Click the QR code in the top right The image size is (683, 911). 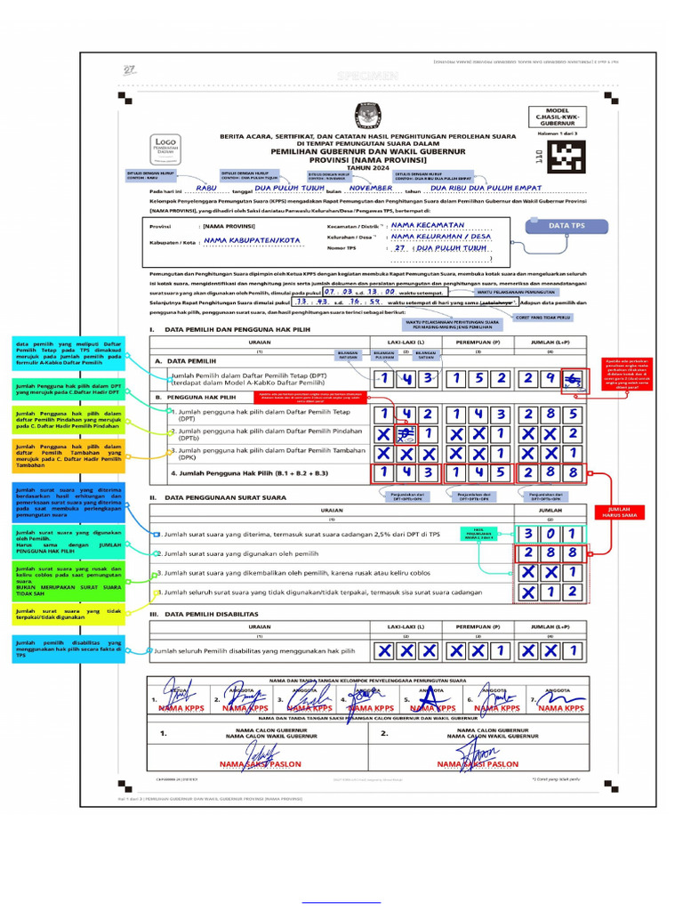[566, 157]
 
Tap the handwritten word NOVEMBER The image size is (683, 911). [371, 189]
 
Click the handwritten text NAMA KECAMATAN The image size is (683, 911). [432, 226]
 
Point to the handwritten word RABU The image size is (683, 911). [206, 189]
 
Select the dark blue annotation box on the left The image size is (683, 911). [68, 503]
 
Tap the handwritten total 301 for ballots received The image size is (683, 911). [550, 534]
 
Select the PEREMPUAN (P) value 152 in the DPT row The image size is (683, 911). [479, 380]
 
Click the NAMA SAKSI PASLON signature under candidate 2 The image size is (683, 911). [480, 759]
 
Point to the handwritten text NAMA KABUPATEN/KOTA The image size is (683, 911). [252, 240]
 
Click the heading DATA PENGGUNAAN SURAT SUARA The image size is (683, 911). [224, 497]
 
